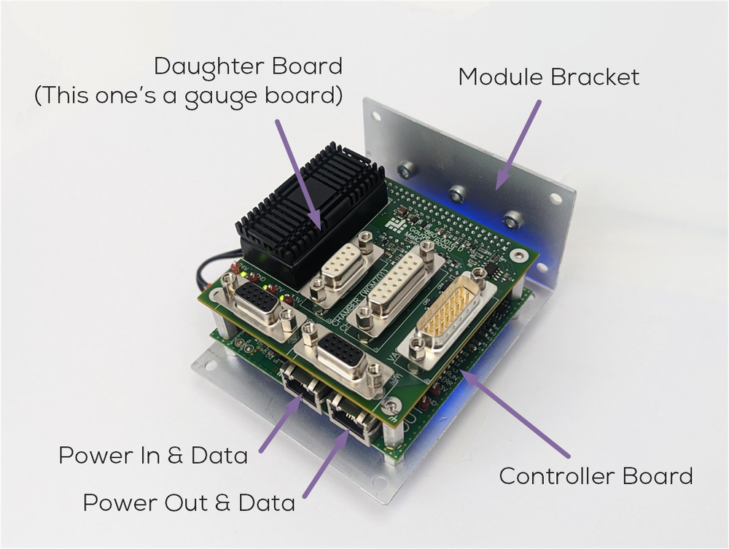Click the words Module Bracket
point(548,77)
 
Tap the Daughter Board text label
point(248,66)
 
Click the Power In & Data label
point(153,456)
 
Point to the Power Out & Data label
point(189,502)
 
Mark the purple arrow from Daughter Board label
point(297,171)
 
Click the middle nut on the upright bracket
point(457,194)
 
